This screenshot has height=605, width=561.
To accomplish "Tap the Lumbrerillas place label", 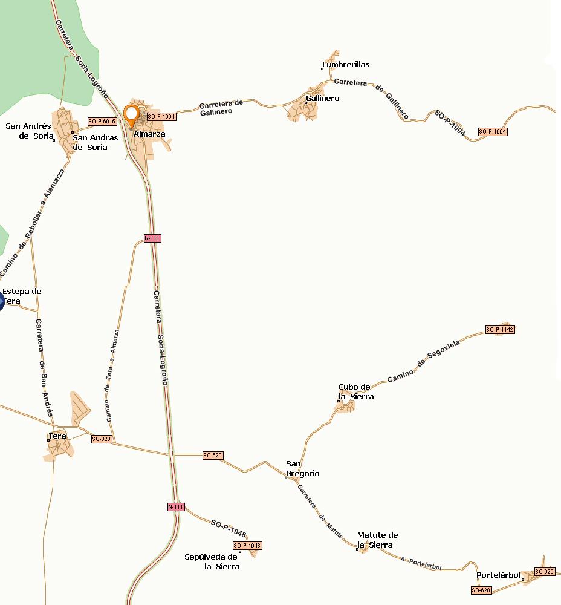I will coord(346,64).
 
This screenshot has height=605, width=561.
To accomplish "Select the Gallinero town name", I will coord(323,98).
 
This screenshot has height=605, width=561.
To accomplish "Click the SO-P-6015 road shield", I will coord(102,121).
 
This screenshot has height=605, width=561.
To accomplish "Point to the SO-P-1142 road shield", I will coord(500,330).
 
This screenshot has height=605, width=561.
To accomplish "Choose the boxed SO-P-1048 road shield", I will coord(247,546).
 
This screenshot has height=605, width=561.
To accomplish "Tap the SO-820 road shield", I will coord(102,439).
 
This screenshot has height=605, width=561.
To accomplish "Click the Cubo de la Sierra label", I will coord(356,392).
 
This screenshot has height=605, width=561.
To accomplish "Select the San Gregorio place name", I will coord(302,469).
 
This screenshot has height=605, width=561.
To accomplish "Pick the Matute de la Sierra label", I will coord(377,540).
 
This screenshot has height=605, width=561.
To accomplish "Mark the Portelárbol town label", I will coord(498,575).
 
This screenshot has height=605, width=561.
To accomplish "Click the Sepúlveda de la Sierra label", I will coord(211,561).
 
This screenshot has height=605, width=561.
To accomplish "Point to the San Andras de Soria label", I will coord(96,142).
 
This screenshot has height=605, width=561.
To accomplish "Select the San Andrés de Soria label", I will coord(28,131).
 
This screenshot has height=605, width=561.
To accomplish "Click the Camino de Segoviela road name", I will coord(423,361).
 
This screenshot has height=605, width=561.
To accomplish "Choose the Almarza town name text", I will coord(149,134).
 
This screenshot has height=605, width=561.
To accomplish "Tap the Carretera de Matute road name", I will coord(320,511).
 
